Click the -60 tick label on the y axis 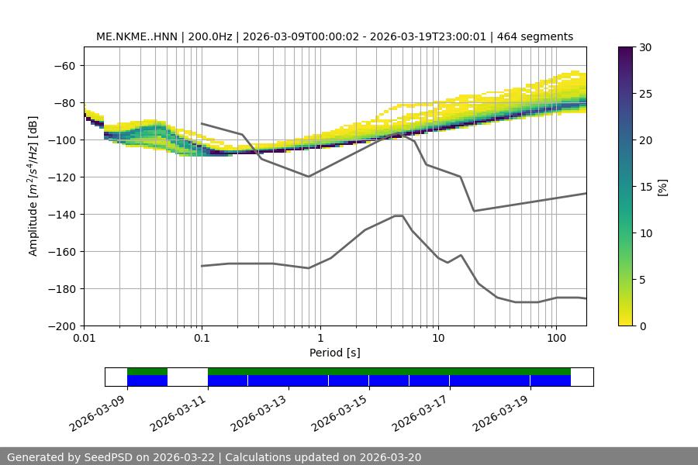tap(64, 65)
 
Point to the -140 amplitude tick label tap(60, 214)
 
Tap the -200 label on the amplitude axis tap(60, 325)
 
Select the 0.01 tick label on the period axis tap(84, 339)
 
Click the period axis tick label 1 tap(320, 339)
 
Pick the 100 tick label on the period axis tap(556, 339)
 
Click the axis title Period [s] tap(334, 353)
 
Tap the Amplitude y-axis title tap(33, 186)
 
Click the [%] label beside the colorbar tap(662, 187)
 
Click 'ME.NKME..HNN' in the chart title tap(130, 36)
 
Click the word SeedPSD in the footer tap(106, 458)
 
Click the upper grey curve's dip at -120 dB tap(309, 177)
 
